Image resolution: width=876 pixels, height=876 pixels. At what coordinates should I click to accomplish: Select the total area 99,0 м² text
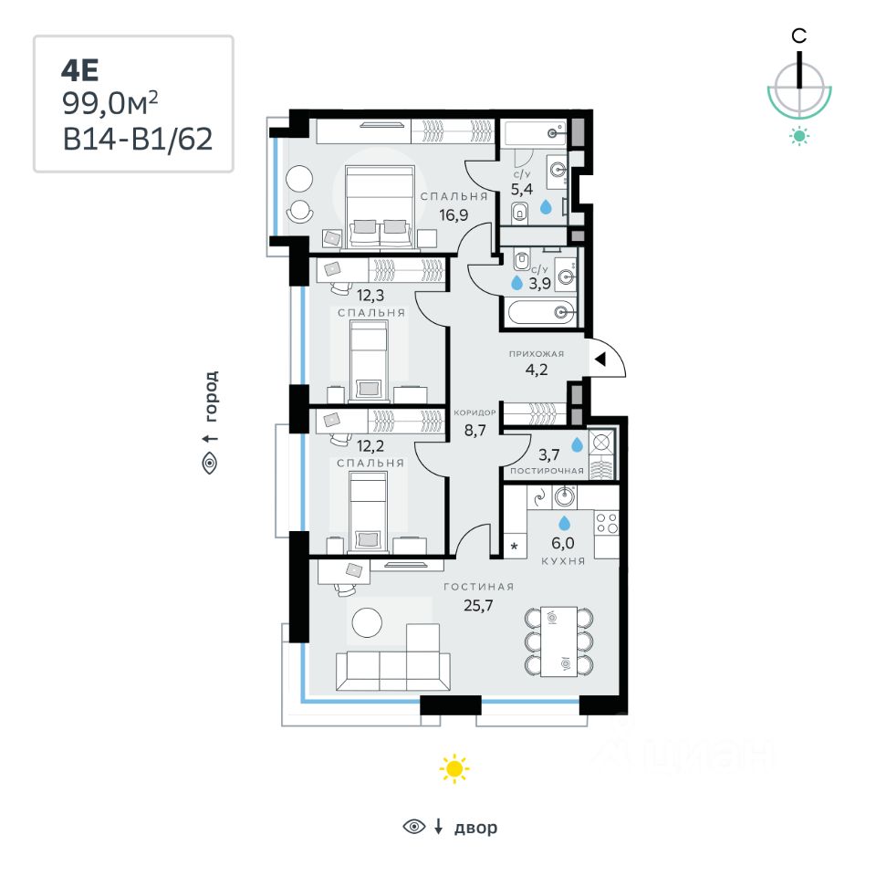point(116,103)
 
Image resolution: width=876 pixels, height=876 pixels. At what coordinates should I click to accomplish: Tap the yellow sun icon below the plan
point(454,768)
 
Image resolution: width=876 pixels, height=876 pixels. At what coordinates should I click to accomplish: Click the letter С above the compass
point(798,36)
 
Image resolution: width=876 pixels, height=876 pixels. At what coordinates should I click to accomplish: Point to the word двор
point(476,828)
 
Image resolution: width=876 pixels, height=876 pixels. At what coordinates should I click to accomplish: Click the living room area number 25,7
point(478,605)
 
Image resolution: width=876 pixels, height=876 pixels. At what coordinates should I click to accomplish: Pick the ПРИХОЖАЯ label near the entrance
point(537,354)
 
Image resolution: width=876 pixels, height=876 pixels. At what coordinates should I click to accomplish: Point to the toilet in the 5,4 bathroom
point(520,214)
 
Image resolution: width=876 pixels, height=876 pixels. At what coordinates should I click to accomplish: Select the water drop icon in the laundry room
point(577,444)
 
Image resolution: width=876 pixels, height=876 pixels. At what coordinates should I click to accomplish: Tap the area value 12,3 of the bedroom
point(370,295)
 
